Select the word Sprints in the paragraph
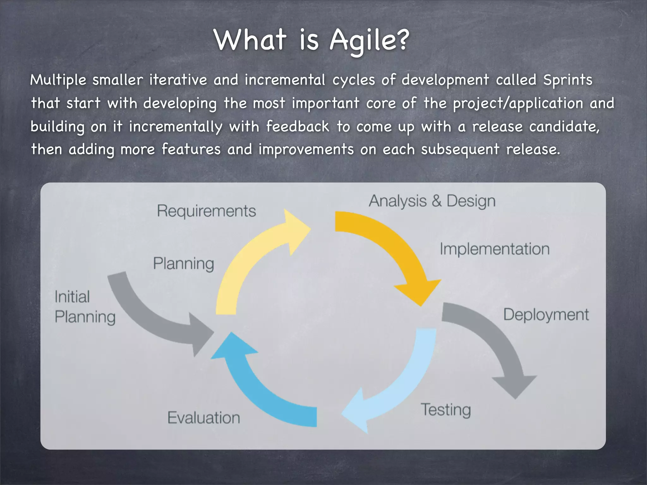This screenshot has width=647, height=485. pos(568,80)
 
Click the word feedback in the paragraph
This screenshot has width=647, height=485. pos(298,127)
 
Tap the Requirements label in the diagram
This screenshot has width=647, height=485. pos(206,211)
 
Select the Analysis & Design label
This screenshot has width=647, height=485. pos(432,201)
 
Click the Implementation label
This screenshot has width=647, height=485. pos(494,249)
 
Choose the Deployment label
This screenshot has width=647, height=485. pos(546,315)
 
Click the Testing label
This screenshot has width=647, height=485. pos(446,410)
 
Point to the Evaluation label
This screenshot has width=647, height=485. pos(204,418)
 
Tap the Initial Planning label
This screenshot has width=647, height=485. pos(85,307)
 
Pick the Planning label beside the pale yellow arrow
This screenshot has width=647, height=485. pos(184,264)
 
